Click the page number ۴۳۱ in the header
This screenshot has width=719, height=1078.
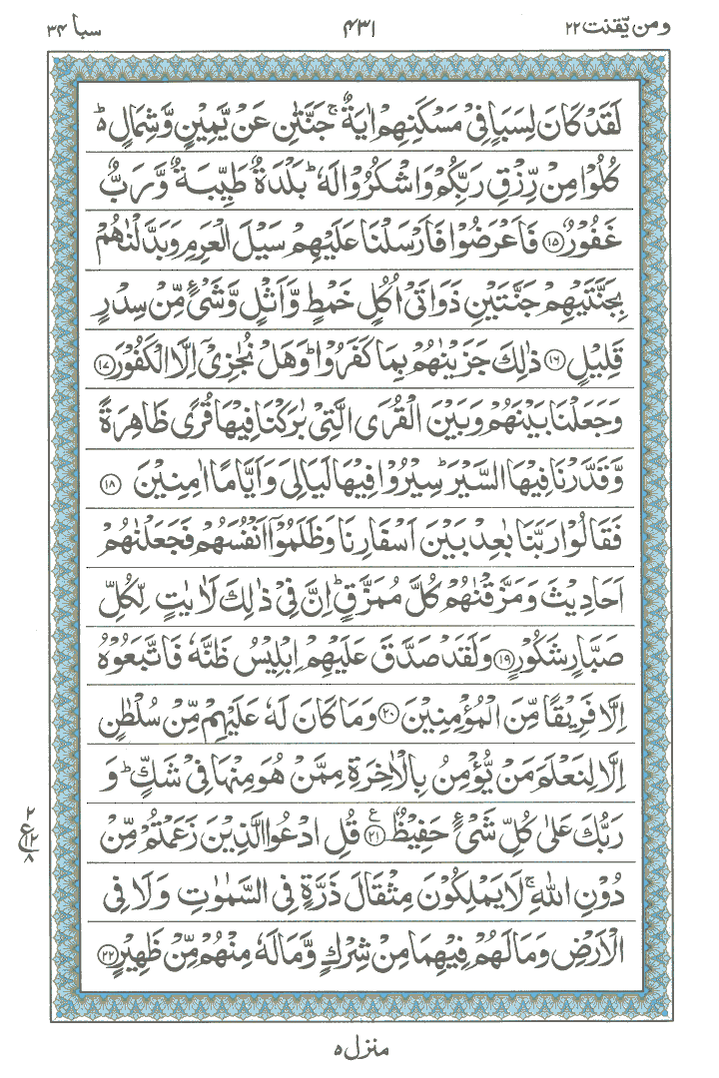(359, 22)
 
